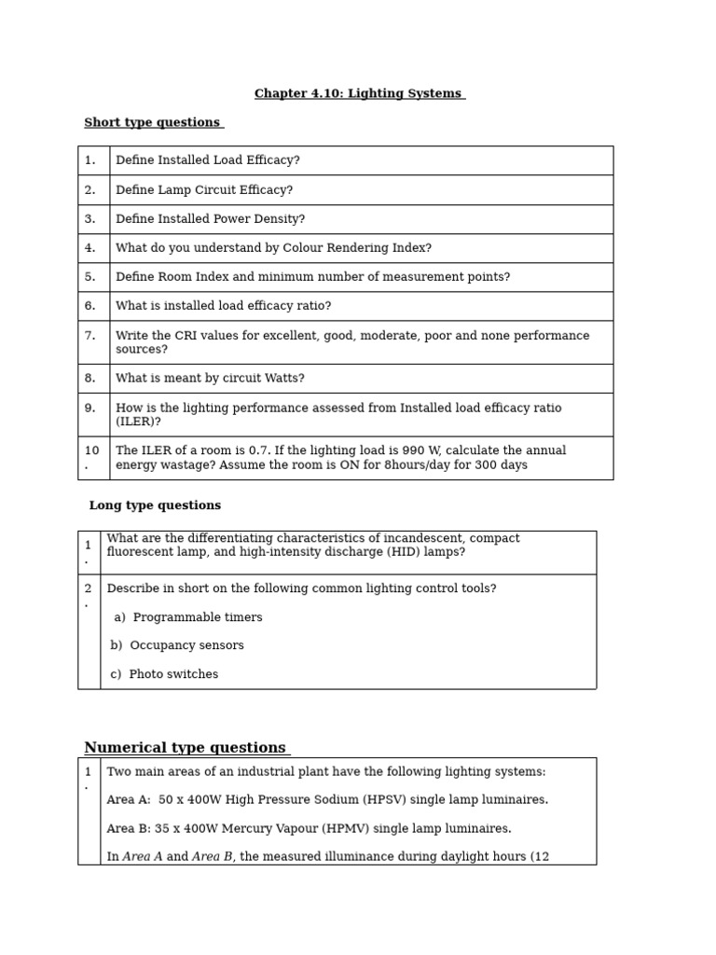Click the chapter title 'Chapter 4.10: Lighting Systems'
359,94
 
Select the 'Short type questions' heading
153,123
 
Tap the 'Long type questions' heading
155,505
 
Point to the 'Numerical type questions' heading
186,748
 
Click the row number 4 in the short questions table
90,248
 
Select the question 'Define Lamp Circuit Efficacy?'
204,190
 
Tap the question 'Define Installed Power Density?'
210,219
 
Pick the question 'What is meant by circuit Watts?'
210,379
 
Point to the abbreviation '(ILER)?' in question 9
138,422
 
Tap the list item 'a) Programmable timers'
188,617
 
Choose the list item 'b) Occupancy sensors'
177,645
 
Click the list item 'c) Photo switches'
164,674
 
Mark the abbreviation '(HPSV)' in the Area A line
386,800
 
